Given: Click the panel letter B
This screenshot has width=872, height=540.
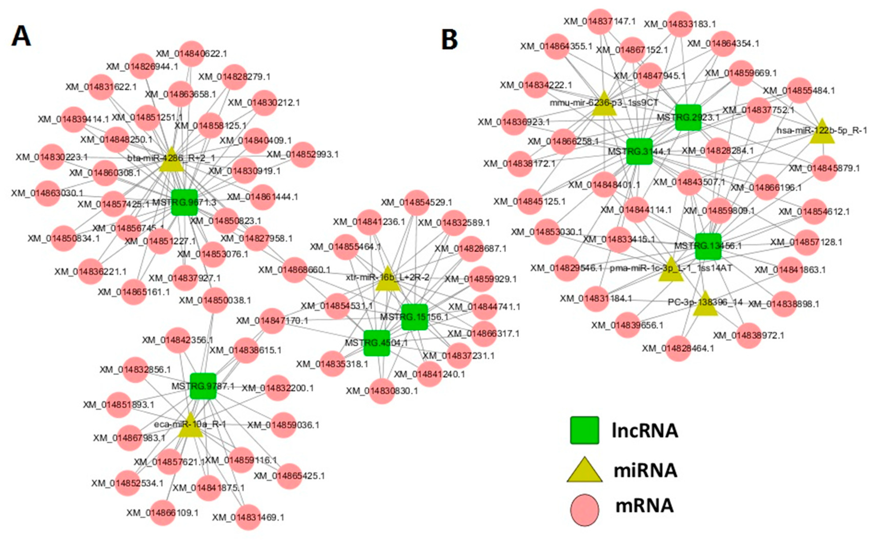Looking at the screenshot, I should (450, 40).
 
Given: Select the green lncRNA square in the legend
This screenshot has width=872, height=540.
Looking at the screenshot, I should (584, 430).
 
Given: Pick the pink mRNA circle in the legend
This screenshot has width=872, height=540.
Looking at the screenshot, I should (584, 510).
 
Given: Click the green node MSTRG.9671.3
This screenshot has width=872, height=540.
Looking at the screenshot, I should (184, 202).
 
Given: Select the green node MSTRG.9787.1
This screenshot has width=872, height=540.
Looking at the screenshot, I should (203, 386).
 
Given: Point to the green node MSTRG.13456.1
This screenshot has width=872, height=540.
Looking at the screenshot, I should (708, 246).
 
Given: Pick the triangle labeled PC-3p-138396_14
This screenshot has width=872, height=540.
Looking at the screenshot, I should (705, 305).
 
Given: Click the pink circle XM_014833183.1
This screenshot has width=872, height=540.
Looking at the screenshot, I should (680, 24).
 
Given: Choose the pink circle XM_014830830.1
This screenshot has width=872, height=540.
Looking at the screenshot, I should (382, 391).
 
